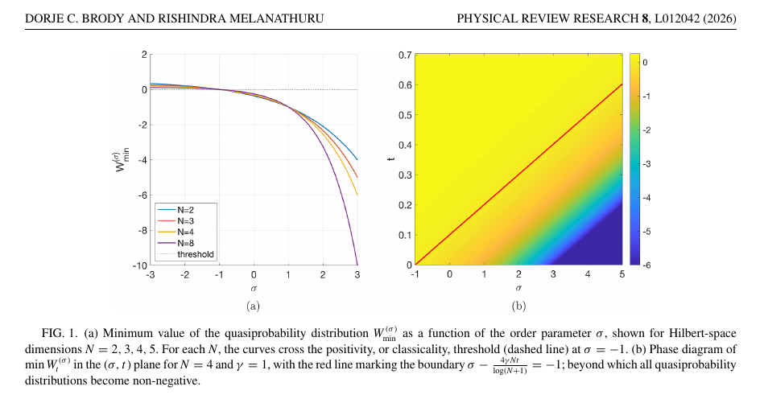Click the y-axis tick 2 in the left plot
coord(143,55)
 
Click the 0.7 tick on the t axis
coord(405,55)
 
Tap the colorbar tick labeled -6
coord(646,265)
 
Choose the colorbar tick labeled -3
coord(646,163)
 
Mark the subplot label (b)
coord(519,306)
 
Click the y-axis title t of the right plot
coord(390,159)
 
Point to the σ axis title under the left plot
coord(254,287)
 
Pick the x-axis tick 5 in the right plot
coord(622,275)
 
